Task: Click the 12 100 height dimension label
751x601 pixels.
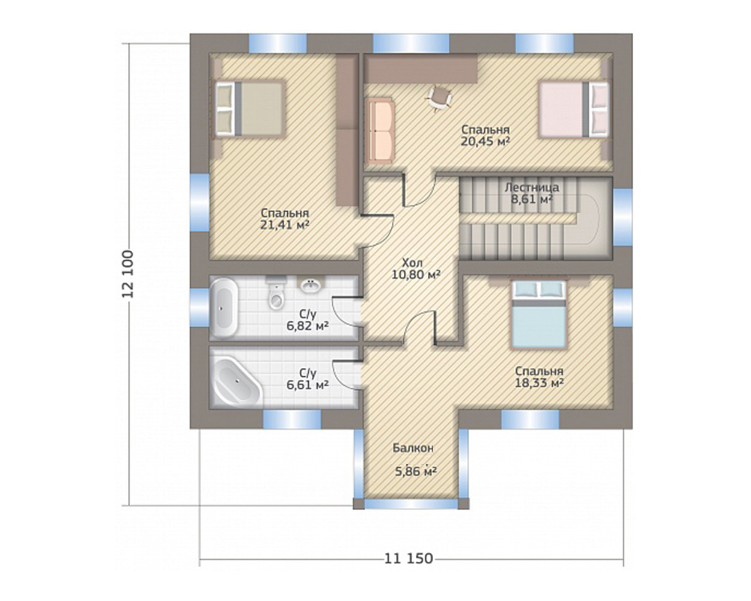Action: (127, 274)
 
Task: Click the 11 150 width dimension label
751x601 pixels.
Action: (409, 559)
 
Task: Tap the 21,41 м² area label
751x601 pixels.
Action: (285, 225)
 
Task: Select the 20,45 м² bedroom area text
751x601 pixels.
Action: (486, 141)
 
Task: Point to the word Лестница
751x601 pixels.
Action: (532, 188)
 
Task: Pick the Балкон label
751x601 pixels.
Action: (413, 448)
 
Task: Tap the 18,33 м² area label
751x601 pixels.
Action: (540, 383)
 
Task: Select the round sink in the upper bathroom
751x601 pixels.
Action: (311, 286)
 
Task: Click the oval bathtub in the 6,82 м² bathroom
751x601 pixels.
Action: (224, 307)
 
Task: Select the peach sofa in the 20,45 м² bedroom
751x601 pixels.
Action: (380, 132)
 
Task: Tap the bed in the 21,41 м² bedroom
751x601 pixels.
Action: (249, 109)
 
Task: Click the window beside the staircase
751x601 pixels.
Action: (622, 216)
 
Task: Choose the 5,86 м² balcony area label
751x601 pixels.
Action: (416, 472)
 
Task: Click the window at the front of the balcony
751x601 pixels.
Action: (410, 504)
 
